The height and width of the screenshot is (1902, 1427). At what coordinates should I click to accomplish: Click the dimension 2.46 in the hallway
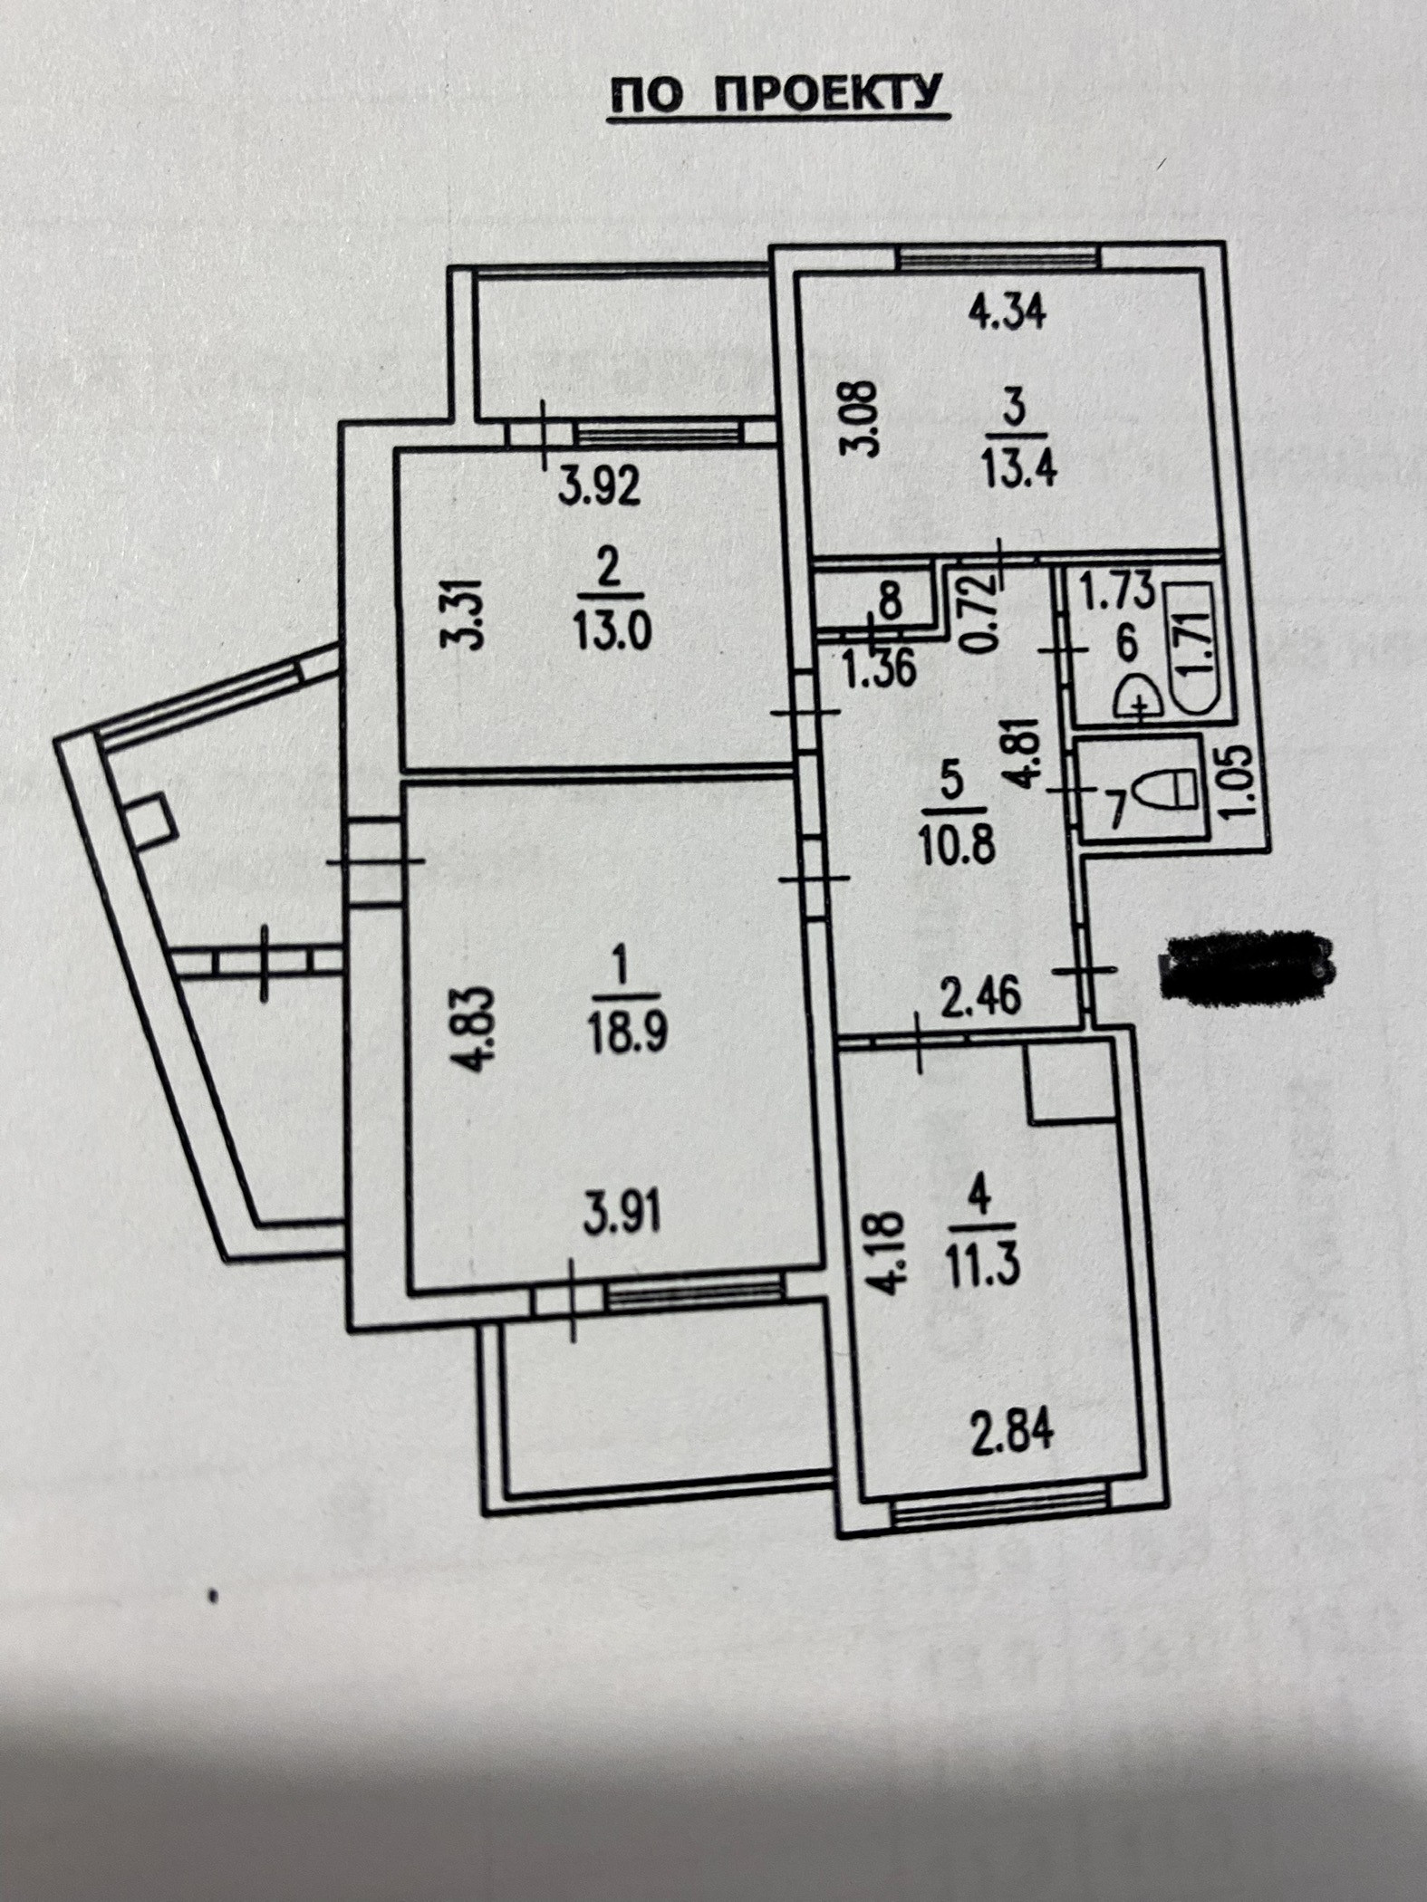(x=982, y=997)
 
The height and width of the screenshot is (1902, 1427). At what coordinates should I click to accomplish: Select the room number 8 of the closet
(x=891, y=601)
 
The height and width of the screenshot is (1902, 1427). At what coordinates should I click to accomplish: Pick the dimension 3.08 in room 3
(x=866, y=417)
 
